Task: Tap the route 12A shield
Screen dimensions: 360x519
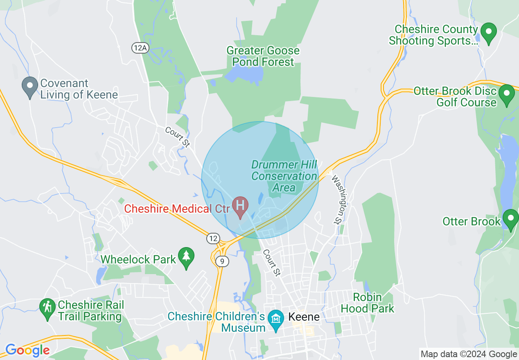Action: pyautogui.click(x=140, y=48)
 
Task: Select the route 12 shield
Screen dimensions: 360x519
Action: pyautogui.click(x=213, y=238)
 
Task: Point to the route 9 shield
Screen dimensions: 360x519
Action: pyautogui.click(x=221, y=261)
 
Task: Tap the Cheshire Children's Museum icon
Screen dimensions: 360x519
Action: pyautogui.click(x=275, y=318)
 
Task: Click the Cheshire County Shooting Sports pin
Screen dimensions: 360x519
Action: pyautogui.click(x=488, y=33)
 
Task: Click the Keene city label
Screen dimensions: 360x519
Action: pyautogui.click(x=304, y=317)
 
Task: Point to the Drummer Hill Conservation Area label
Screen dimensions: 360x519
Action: pyautogui.click(x=284, y=176)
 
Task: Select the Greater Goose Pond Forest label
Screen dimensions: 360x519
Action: pyautogui.click(x=263, y=56)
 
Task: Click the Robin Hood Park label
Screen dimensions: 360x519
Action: pyautogui.click(x=367, y=303)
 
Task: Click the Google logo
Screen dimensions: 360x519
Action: pyautogui.click(x=27, y=350)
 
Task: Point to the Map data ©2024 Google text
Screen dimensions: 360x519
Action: pyautogui.click(x=469, y=354)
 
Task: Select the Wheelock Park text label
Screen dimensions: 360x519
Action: pyautogui.click(x=138, y=259)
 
